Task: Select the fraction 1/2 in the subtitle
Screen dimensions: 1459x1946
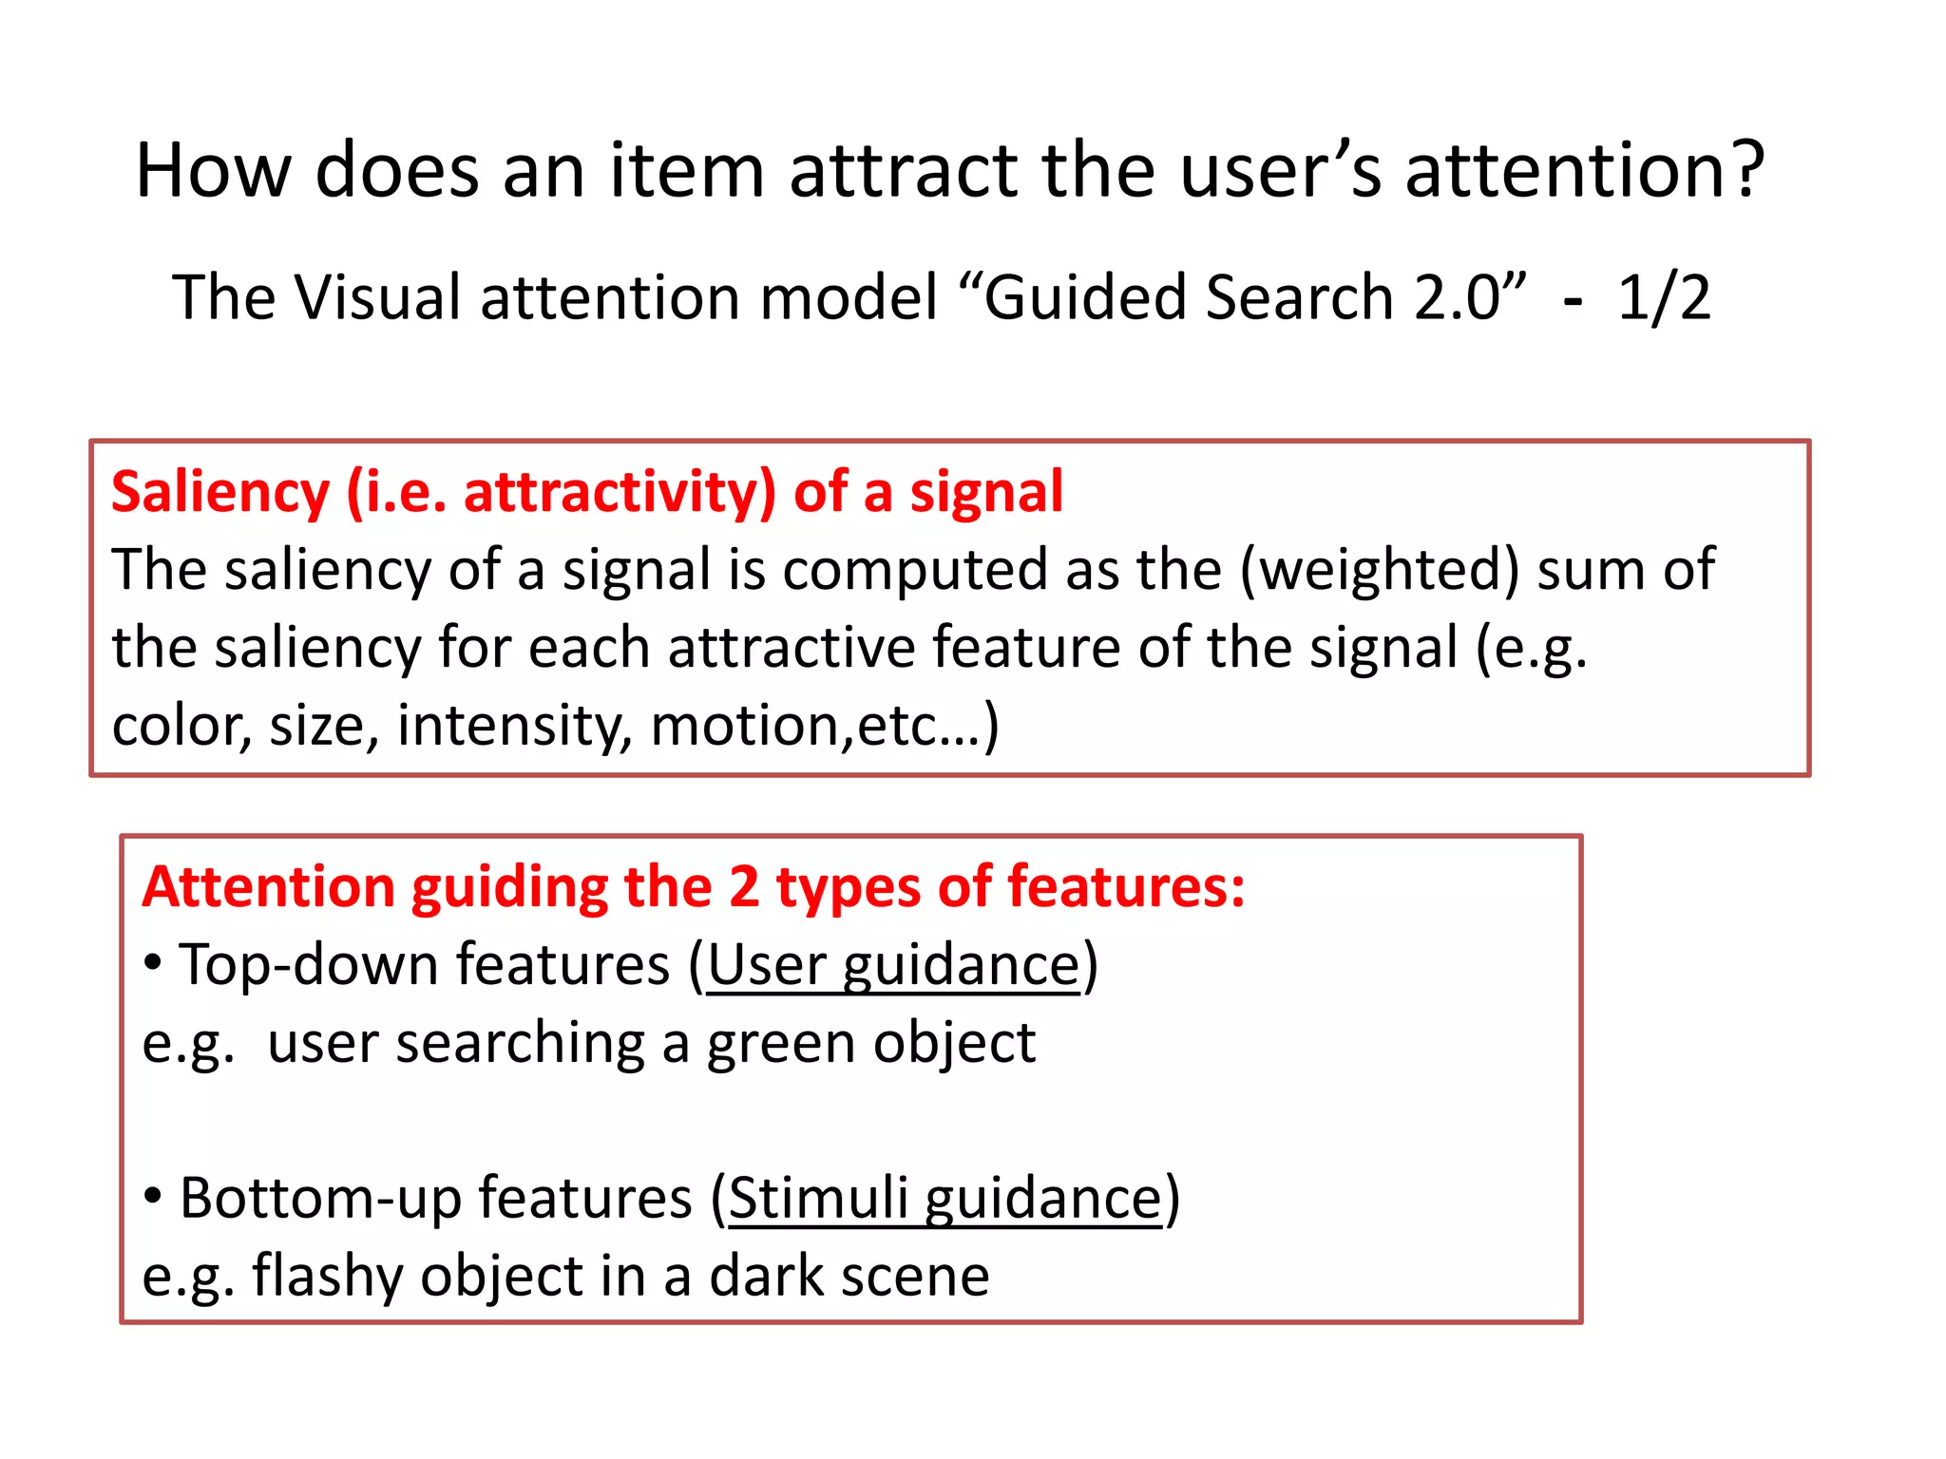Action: (x=1663, y=297)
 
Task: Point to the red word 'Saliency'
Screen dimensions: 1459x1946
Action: (x=220, y=493)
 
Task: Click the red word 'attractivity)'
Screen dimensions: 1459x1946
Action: (x=620, y=493)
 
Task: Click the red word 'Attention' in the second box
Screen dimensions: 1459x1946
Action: (x=268, y=887)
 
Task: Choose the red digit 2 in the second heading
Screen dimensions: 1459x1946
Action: (x=744, y=887)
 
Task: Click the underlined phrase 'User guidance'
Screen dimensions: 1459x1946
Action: (x=894, y=967)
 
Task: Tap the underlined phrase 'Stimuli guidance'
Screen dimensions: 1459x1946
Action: (x=944, y=1199)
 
